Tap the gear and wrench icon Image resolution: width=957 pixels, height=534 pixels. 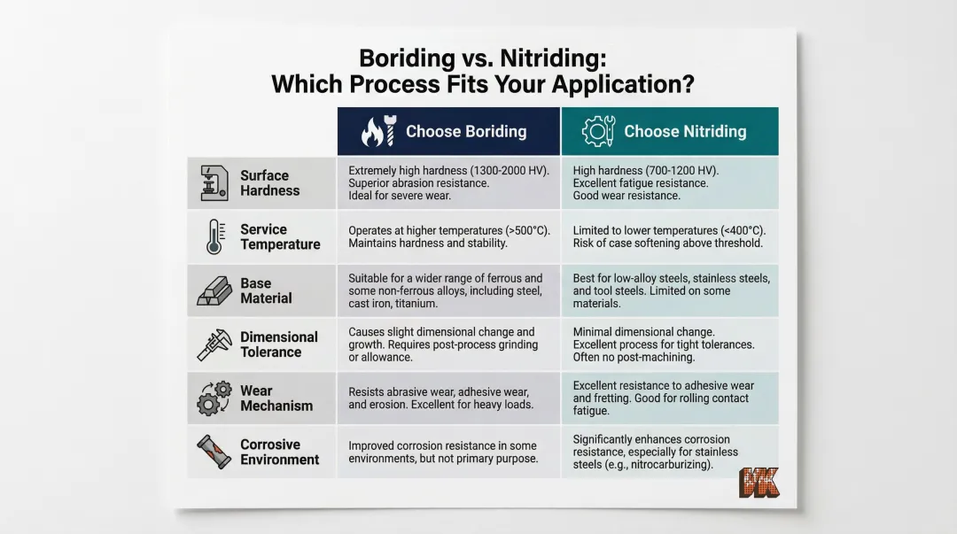(x=598, y=132)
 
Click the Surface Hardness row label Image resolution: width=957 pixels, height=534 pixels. (x=269, y=183)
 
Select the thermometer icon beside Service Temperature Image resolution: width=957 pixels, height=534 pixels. (x=214, y=236)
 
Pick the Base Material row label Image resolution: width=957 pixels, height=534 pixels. (x=266, y=291)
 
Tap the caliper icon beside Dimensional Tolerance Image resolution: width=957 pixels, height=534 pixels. (x=214, y=344)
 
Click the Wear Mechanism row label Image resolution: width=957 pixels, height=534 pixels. (x=276, y=399)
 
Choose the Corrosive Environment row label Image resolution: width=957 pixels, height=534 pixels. (x=279, y=453)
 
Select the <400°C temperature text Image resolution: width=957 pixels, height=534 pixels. (x=741, y=230)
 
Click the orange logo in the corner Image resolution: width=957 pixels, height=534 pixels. (x=759, y=482)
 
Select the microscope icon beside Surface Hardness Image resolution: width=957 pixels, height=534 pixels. (x=214, y=183)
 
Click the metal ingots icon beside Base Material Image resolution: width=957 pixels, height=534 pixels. (x=214, y=291)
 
